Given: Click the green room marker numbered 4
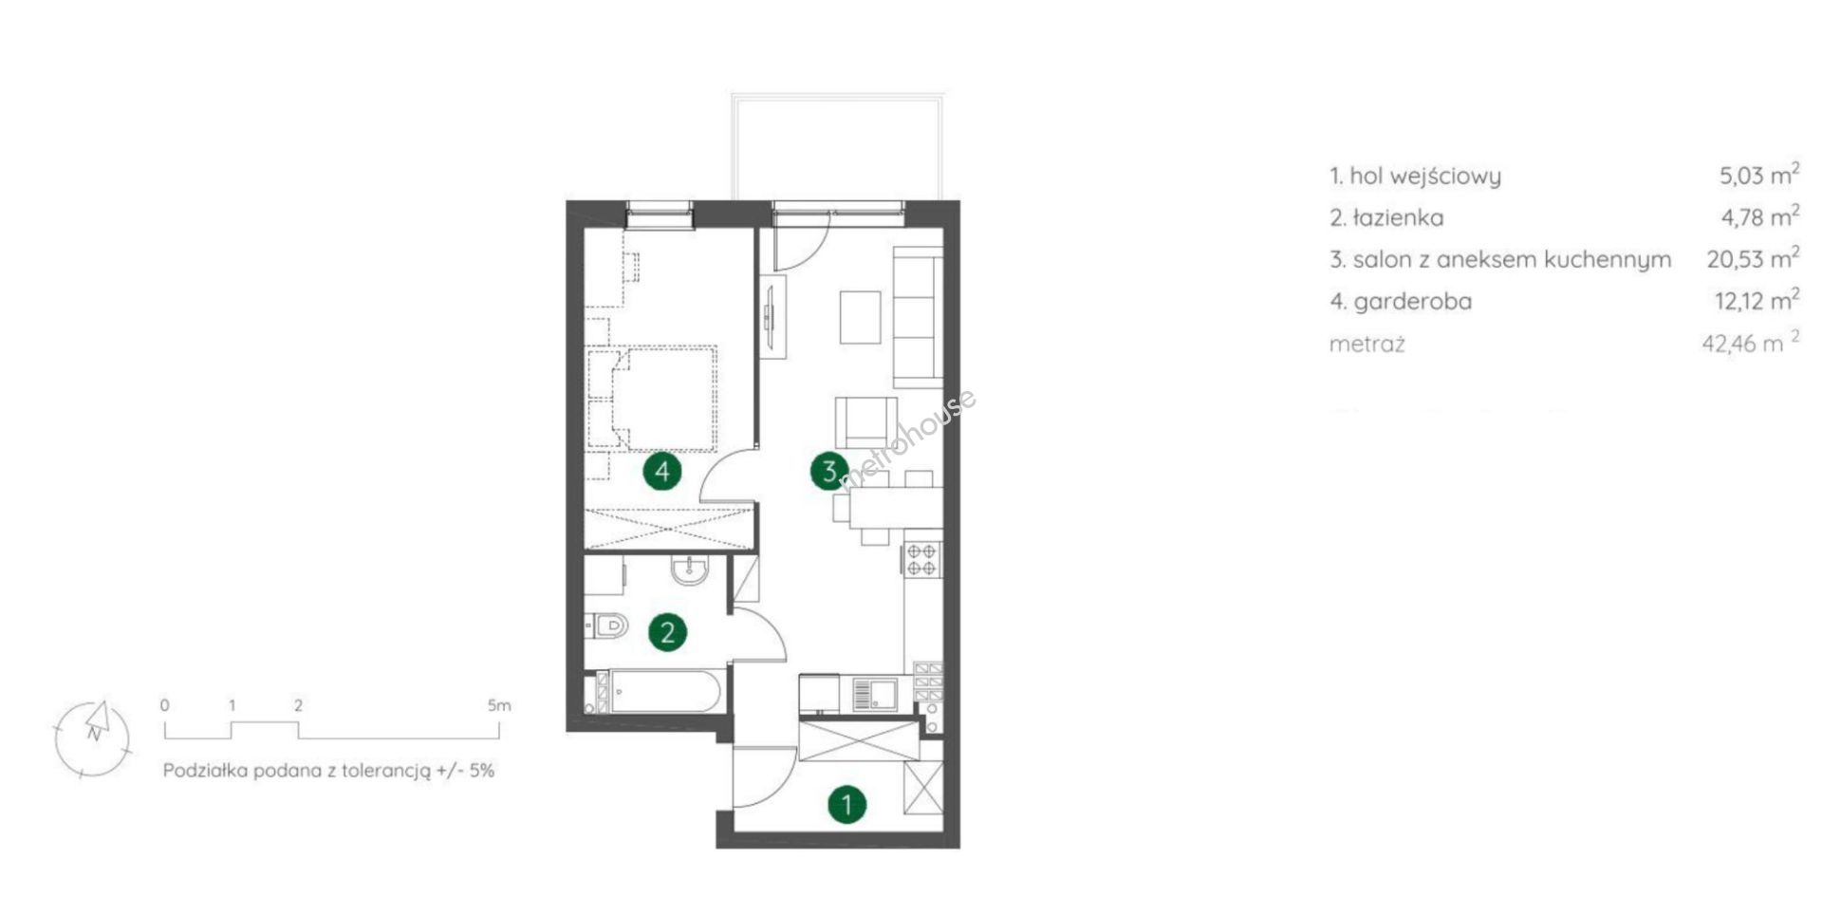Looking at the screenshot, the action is click(x=662, y=471).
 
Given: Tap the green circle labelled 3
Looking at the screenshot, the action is click(x=829, y=471).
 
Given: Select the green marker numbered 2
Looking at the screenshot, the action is click(x=667, y=632).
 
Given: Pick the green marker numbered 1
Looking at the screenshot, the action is click(x=846, y=806).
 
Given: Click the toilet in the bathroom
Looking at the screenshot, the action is click(x=606, y=626).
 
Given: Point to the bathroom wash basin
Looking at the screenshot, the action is click(x=688, y=570).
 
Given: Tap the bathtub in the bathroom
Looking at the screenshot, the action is click(x=662, y=692).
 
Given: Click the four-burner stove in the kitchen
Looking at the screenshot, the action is click(x=921, y=558).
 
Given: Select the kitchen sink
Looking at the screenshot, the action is click(x=873, y=694).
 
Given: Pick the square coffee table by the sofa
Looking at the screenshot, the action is click(x=860, y=318).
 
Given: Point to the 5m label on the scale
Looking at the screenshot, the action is click(x=499, y=705).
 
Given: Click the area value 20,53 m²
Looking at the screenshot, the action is click(x=1753, y=258).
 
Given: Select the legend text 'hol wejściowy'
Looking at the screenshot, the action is click(x=1425, y=176).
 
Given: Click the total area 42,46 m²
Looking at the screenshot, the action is click(x=1751, y=342).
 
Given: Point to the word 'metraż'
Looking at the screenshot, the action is click(x=1366, y=344).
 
